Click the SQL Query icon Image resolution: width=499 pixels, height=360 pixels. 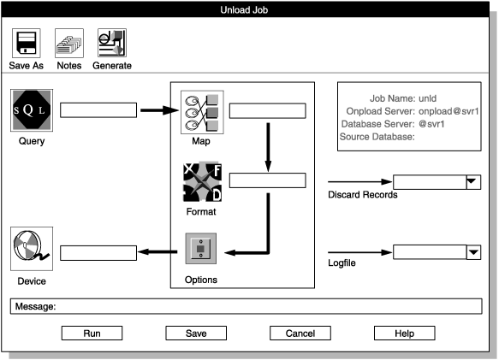pos(32,110)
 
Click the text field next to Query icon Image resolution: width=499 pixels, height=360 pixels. pos(98,110)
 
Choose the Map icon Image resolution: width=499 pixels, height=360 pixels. pos(202,111)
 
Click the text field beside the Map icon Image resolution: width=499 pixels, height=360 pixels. pos(268,110)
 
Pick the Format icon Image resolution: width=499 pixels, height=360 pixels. pos(202,181)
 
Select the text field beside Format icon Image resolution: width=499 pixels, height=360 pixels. pos(268,180)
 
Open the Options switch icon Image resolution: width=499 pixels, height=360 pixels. pos(202,251)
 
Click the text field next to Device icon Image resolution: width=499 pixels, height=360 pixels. pos(98,252)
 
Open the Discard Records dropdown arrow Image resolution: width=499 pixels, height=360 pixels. pos(472,182)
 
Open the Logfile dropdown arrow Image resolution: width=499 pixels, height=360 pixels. pos(472,251)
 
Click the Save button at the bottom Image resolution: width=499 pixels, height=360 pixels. pos(195,333)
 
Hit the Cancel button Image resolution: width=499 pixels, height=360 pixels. pos(300,333)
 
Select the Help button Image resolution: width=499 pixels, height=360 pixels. pos(405,333)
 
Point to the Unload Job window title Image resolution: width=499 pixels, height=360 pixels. pos(249,9)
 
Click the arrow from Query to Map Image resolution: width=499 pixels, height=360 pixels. pos(157,110)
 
